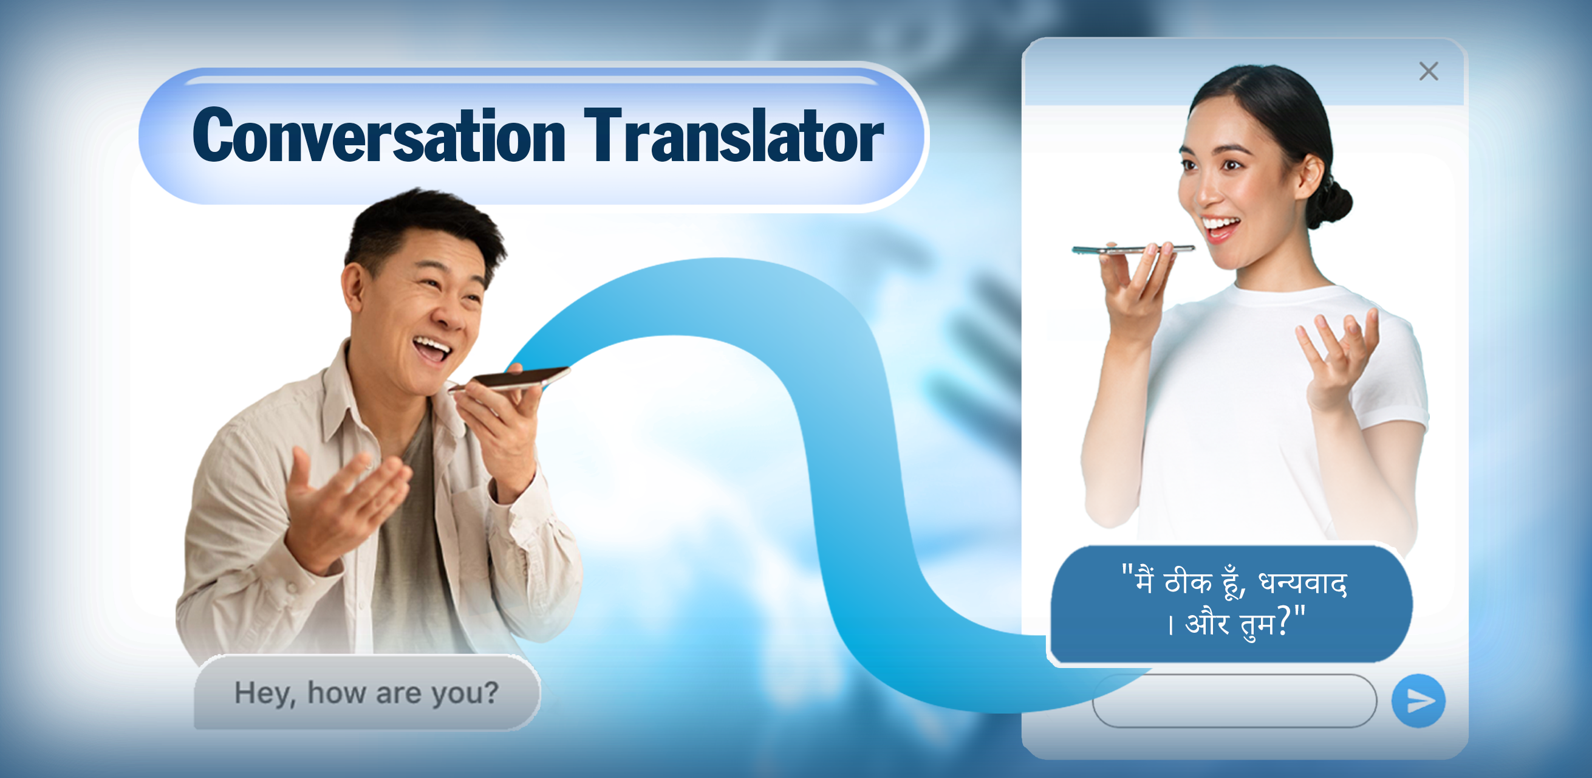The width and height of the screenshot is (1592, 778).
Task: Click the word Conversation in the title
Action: tap(378, 136)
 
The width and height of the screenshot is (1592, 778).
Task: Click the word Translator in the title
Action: tap(734, 136)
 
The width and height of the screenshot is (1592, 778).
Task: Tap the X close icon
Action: tap(1428, 71)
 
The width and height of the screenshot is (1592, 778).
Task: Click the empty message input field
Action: tap(1234, 701)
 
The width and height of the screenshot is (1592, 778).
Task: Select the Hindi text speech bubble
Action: tap(1232, 604)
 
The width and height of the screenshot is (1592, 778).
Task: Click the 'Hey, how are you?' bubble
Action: tap(367, 693)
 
